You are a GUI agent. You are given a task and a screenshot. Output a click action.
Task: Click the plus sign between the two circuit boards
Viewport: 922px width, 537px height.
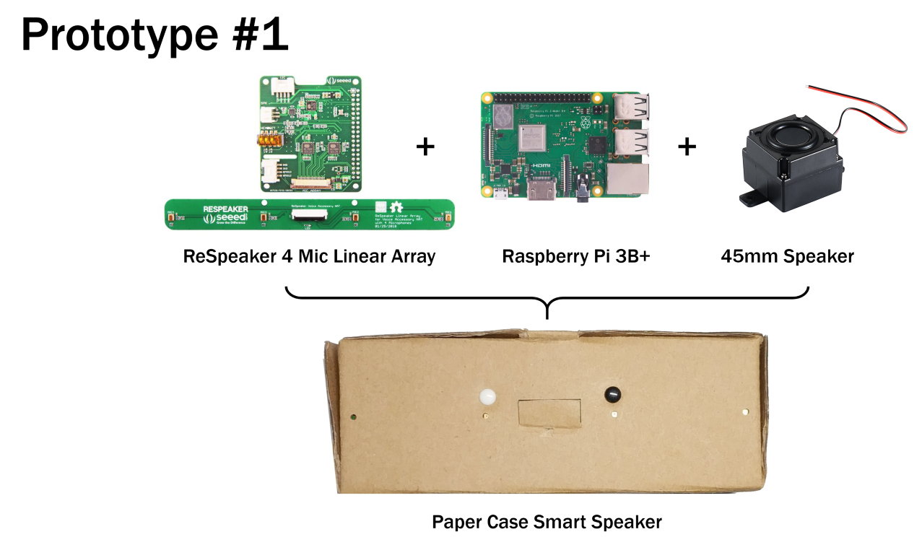(x=426, y=147)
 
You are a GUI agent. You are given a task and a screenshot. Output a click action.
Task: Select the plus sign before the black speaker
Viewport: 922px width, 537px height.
(x=687, y=147)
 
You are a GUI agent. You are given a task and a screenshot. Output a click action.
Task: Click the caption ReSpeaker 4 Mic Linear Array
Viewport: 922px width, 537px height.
(x=310, y=256)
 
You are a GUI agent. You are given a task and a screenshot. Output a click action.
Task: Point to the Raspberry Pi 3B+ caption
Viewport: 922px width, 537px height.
(x=576, y=256)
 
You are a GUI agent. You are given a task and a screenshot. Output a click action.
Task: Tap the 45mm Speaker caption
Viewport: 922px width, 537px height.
(x=787, y=256)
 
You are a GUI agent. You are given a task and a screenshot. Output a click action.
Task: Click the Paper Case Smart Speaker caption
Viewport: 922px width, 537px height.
(x=547, y=521)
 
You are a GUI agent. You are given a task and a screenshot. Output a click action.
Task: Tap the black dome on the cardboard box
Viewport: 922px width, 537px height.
(x=612, y=394)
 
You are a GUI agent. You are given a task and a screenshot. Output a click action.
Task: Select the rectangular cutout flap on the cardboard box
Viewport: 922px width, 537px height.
(x=550, y=413)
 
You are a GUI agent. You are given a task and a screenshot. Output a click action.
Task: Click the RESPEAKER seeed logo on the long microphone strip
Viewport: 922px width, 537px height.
(x=225, y=214)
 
